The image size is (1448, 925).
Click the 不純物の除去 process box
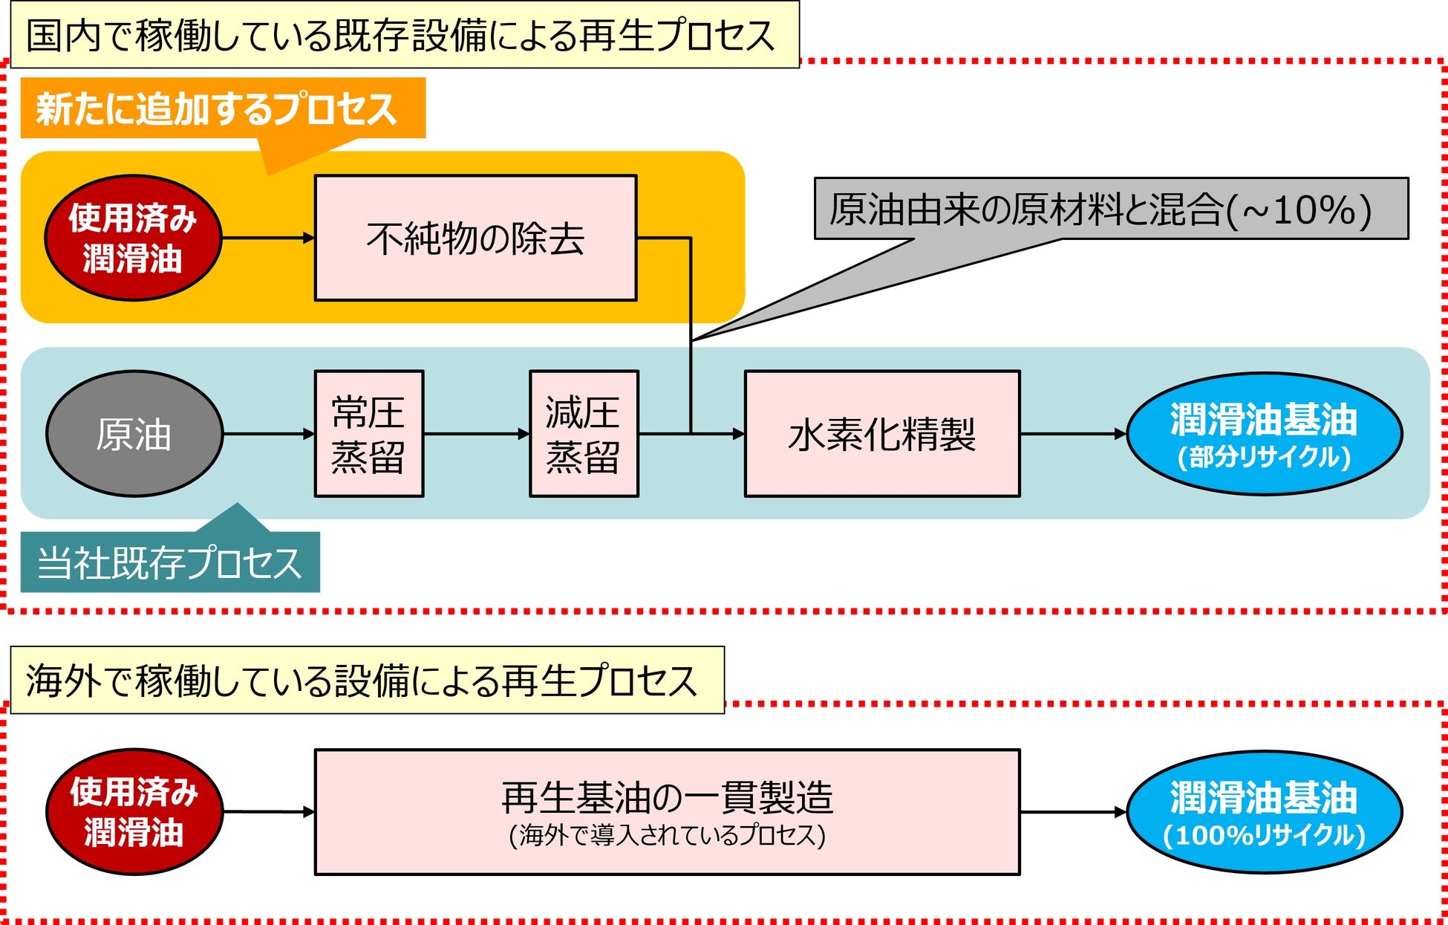coord(476,238)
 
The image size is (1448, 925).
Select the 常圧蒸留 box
coord(369,434)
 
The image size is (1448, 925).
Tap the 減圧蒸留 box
coord(584,434)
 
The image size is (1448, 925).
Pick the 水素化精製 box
coord(882,434)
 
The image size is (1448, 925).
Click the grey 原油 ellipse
coord(134,434)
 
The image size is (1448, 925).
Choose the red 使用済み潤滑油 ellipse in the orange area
coord(133,238)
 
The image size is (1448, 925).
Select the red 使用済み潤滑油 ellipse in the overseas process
coord(134,811)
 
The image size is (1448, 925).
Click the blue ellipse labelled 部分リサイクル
coord(1265,434)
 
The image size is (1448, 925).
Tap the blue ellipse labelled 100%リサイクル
coord(1265,812)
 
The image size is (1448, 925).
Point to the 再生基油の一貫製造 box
coord(667,812)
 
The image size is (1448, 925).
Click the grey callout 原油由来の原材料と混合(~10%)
coord(1111,209)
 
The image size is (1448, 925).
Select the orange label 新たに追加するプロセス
coord(223,108)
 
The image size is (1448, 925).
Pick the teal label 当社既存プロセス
coord(170,562)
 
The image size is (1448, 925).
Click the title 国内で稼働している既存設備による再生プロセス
coord(405,35)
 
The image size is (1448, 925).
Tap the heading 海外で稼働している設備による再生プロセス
coord(367,680)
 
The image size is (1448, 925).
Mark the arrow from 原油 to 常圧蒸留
coord(269,434)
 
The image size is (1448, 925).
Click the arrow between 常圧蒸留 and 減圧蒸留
coord(477,434)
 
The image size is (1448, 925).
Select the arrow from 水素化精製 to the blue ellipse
coord(1074,434)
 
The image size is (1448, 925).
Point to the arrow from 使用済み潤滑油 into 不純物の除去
coord(268,238)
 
